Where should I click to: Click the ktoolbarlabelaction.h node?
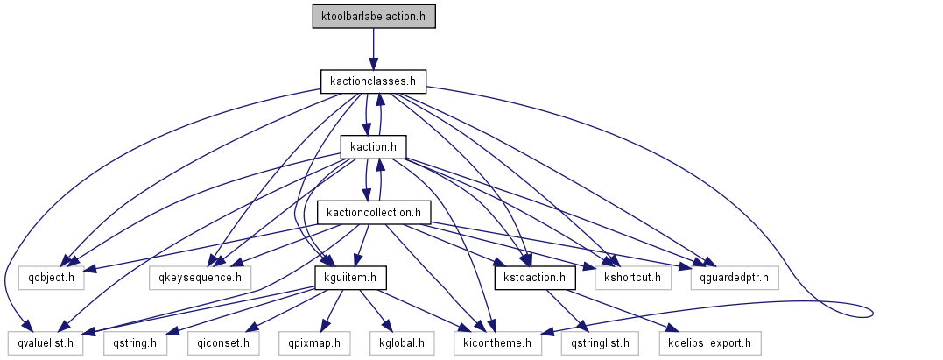point(373,17)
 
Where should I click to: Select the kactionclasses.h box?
point(373,81)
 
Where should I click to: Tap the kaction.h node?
point(374,146)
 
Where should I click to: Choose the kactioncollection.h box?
point(374,212)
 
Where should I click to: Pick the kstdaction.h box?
point(534,278)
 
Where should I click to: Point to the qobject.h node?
point(52,278)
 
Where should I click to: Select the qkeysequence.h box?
point(200,278)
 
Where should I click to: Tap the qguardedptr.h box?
point(734,278)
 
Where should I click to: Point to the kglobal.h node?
point(402,342)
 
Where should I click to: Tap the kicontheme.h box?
point(497,342)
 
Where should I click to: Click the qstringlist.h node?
point(600,342)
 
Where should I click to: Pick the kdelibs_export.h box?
point(710,342)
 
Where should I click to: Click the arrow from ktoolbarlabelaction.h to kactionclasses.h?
point(373,49)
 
